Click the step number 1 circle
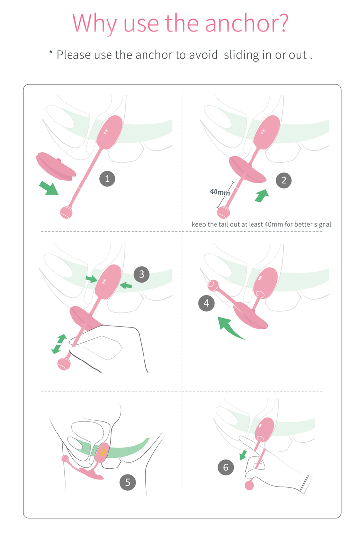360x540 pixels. coord(107,179)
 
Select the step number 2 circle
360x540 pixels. coord(284,180)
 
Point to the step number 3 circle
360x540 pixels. coord(141,274)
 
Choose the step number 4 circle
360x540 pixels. coord(206,303)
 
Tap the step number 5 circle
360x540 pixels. coord(127,482)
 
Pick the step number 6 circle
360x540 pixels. coord(226,468)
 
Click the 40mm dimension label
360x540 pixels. coord(219,192)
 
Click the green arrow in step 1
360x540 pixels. coord(49,188)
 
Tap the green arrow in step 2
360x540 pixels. coord(262,196)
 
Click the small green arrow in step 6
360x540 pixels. coord(243,455)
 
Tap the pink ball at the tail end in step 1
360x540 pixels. coord(66,212)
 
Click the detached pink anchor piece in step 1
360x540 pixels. coord(56,166)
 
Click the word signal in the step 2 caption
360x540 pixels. coord(323,224)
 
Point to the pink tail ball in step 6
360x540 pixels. coord(250,485)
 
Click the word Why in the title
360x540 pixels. coord(94,24)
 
